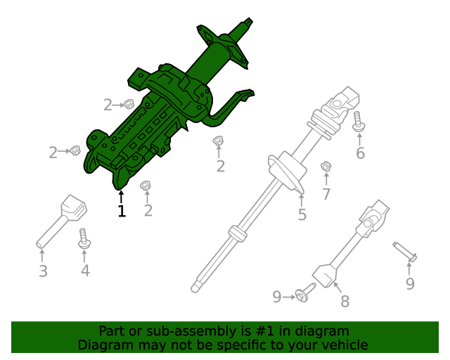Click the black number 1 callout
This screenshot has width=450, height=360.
coord(122,210)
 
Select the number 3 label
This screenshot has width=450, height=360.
coord(43,271)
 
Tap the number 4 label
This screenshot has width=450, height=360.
coord(85,270)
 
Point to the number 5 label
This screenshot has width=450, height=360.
coord(302,214)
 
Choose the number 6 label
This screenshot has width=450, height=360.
coord(360,153)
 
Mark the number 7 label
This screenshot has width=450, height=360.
coord(326,194)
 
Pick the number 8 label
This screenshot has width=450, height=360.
coord(345,302)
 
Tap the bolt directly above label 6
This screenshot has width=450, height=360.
coord(359,121)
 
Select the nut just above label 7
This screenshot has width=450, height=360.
coord(326,167)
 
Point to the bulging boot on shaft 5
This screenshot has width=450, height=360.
coord(285,171)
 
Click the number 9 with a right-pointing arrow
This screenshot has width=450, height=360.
coord(277,297)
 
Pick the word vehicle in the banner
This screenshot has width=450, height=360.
coord(344,345)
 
